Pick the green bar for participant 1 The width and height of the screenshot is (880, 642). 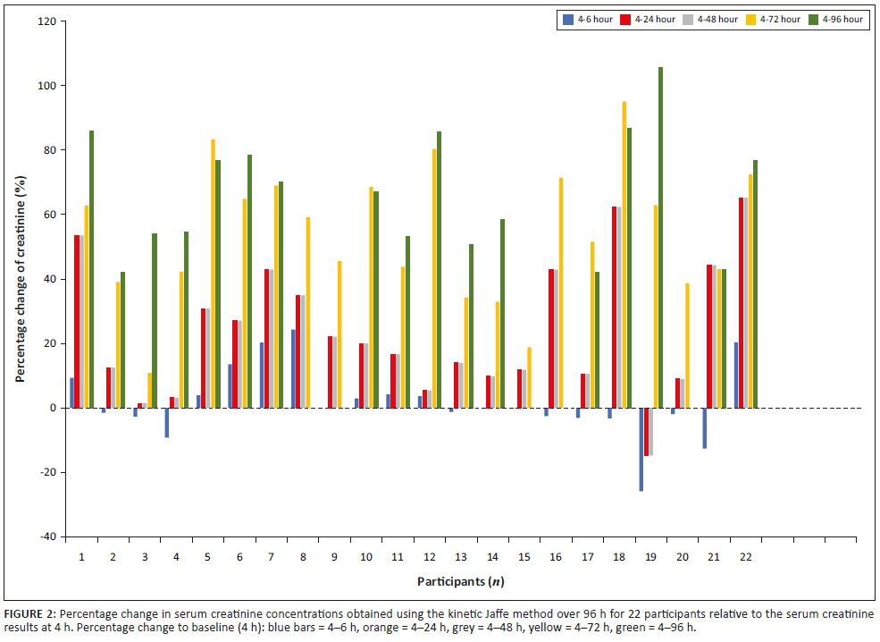91,269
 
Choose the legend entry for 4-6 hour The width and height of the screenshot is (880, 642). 587,19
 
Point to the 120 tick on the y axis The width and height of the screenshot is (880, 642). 47,21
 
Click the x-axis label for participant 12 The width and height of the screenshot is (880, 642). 431,556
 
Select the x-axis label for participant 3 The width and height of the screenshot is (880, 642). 144,556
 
